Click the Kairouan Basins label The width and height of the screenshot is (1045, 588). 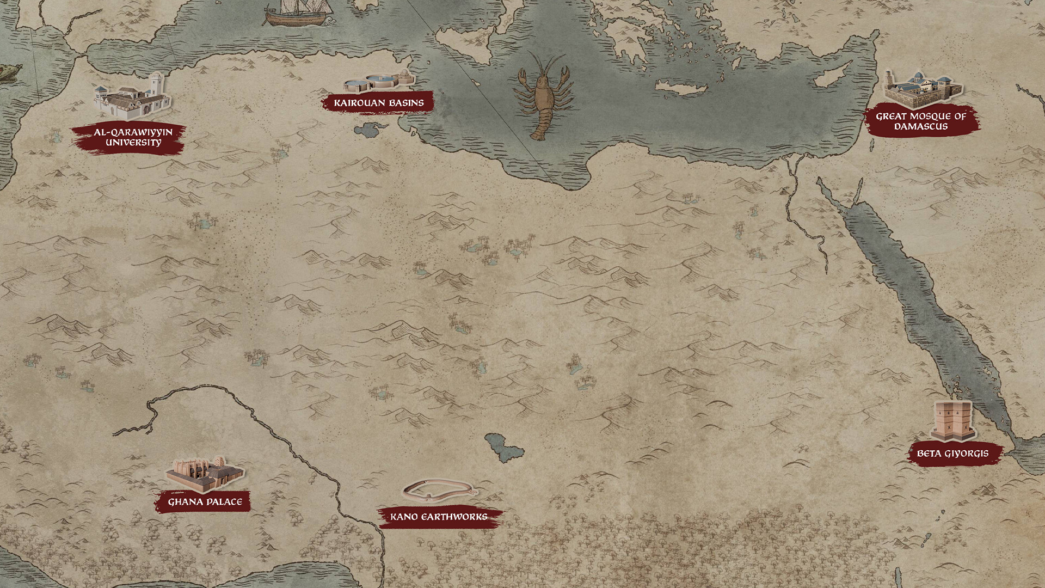[378, 102]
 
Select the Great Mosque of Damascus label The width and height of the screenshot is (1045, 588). [921, 121]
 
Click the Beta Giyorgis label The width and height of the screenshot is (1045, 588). [952, 454]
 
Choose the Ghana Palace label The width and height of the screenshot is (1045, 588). [205, 501]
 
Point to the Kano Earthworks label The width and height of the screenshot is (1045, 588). [439, 517]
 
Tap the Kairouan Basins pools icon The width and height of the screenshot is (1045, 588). [379, 82]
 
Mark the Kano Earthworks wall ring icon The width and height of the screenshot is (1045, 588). [438, 489]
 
